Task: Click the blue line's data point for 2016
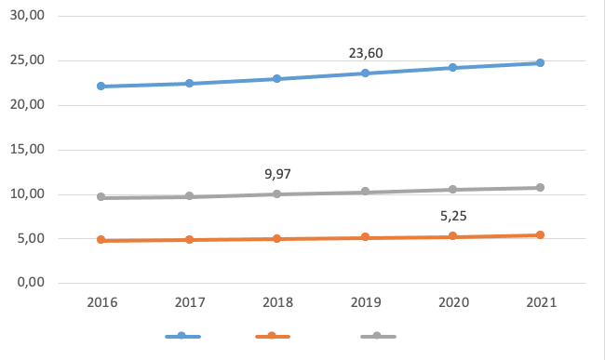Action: [x=101, y=87]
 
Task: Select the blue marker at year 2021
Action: [x=540, y=63]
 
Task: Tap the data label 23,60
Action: [x=366, y=53]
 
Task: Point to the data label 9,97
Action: [x=278, y=173]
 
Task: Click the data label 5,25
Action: [x=453, y=217]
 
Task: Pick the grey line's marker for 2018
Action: [x=277, y=193]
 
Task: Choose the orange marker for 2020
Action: [x=452, y=236]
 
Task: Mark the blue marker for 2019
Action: [x=365, y=73]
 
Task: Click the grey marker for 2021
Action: [x=540, y=188]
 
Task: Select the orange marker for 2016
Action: [x=101, y=240]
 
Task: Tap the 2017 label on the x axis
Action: [x=189, y=302]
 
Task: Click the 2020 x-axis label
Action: [x=452, y=302]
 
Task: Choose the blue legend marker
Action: [x=182, y=336]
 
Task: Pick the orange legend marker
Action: [x=272, y=336]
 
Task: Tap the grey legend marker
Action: [x=377, y=336]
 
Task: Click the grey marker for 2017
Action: [x=189, y=196]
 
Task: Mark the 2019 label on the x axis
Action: [x=365, y=302]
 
